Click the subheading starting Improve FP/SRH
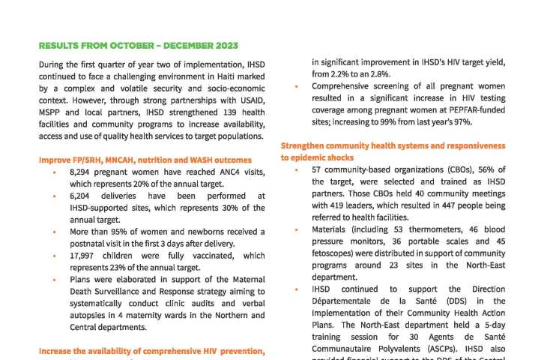(145, 160)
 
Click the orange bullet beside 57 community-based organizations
(296, 169)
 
